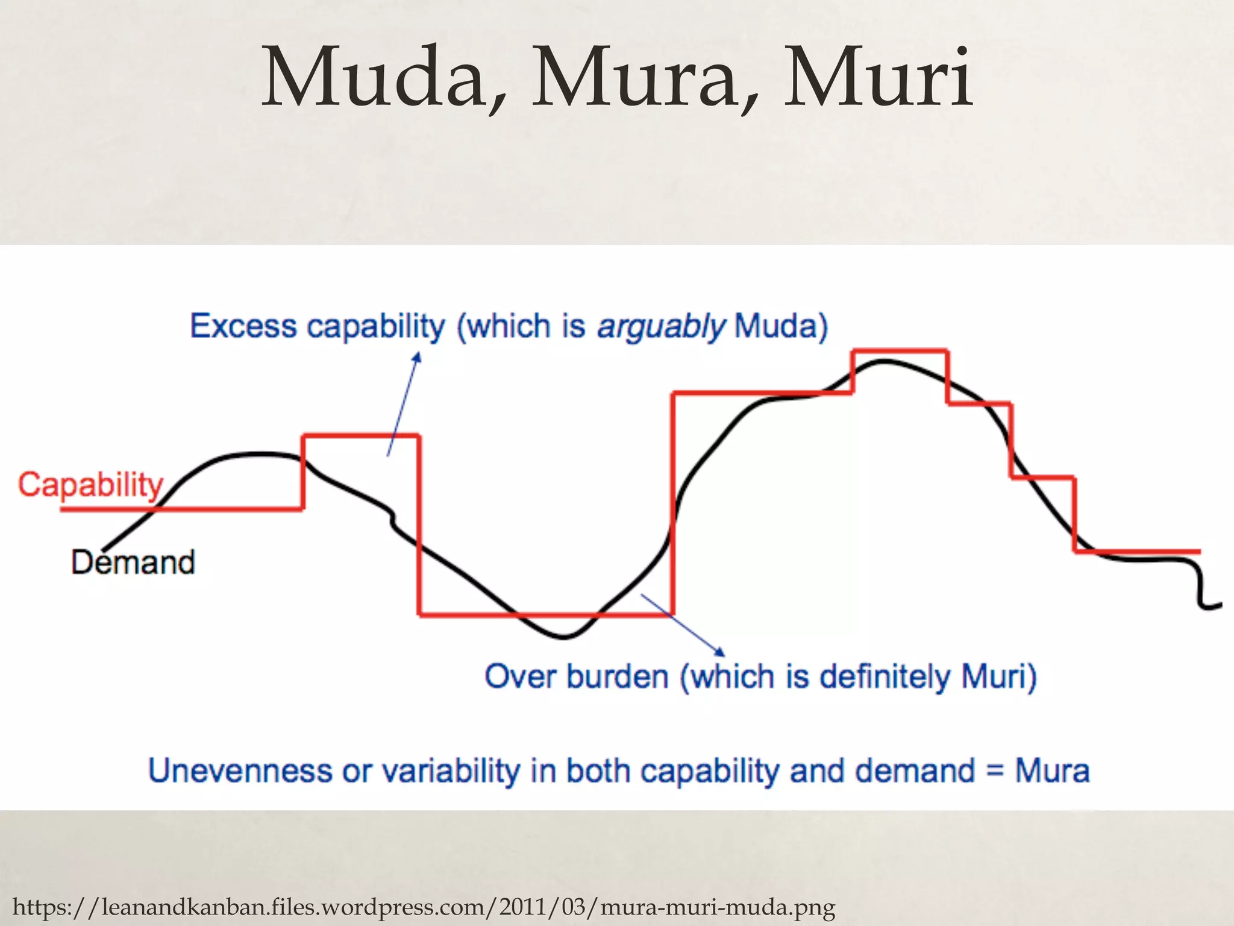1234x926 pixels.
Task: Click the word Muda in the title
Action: coord(374,78)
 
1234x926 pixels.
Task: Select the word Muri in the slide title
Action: coord(877,78)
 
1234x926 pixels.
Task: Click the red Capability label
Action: coord(90,485)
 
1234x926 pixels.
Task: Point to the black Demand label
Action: coord(133,562)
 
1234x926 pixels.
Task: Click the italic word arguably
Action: coord(660,327)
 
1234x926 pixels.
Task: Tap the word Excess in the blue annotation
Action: coord(243,327)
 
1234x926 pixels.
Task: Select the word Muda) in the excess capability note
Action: coord(781,327)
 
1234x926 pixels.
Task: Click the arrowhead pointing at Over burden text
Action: coord(719,652)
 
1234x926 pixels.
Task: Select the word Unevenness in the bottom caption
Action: coord(240,770)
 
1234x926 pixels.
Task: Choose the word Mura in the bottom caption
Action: coord(1052,770)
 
